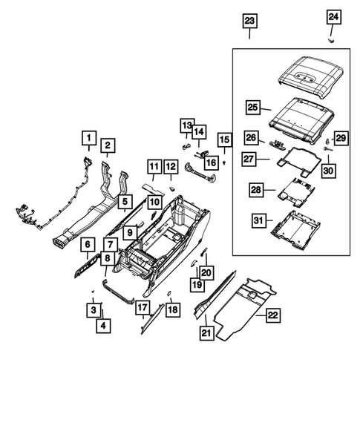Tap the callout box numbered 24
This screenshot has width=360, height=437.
(x=333, y=16)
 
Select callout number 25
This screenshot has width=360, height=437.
(x=252, y=108)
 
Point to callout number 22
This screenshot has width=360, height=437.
(x=272, y=315)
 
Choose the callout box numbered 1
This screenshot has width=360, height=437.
(x=88, y=138)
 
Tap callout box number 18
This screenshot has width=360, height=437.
(x=172, y=309)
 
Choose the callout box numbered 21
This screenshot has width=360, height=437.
(x=206, y=335)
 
